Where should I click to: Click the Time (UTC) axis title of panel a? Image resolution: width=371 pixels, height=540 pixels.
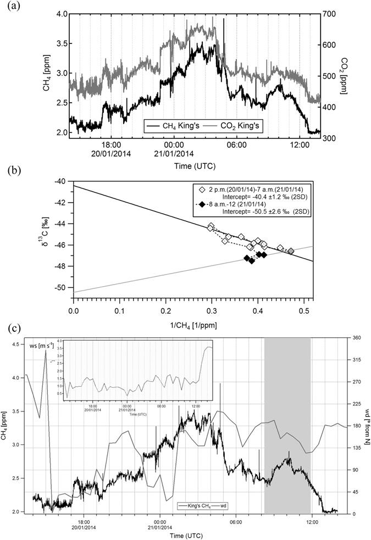point(195,164)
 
